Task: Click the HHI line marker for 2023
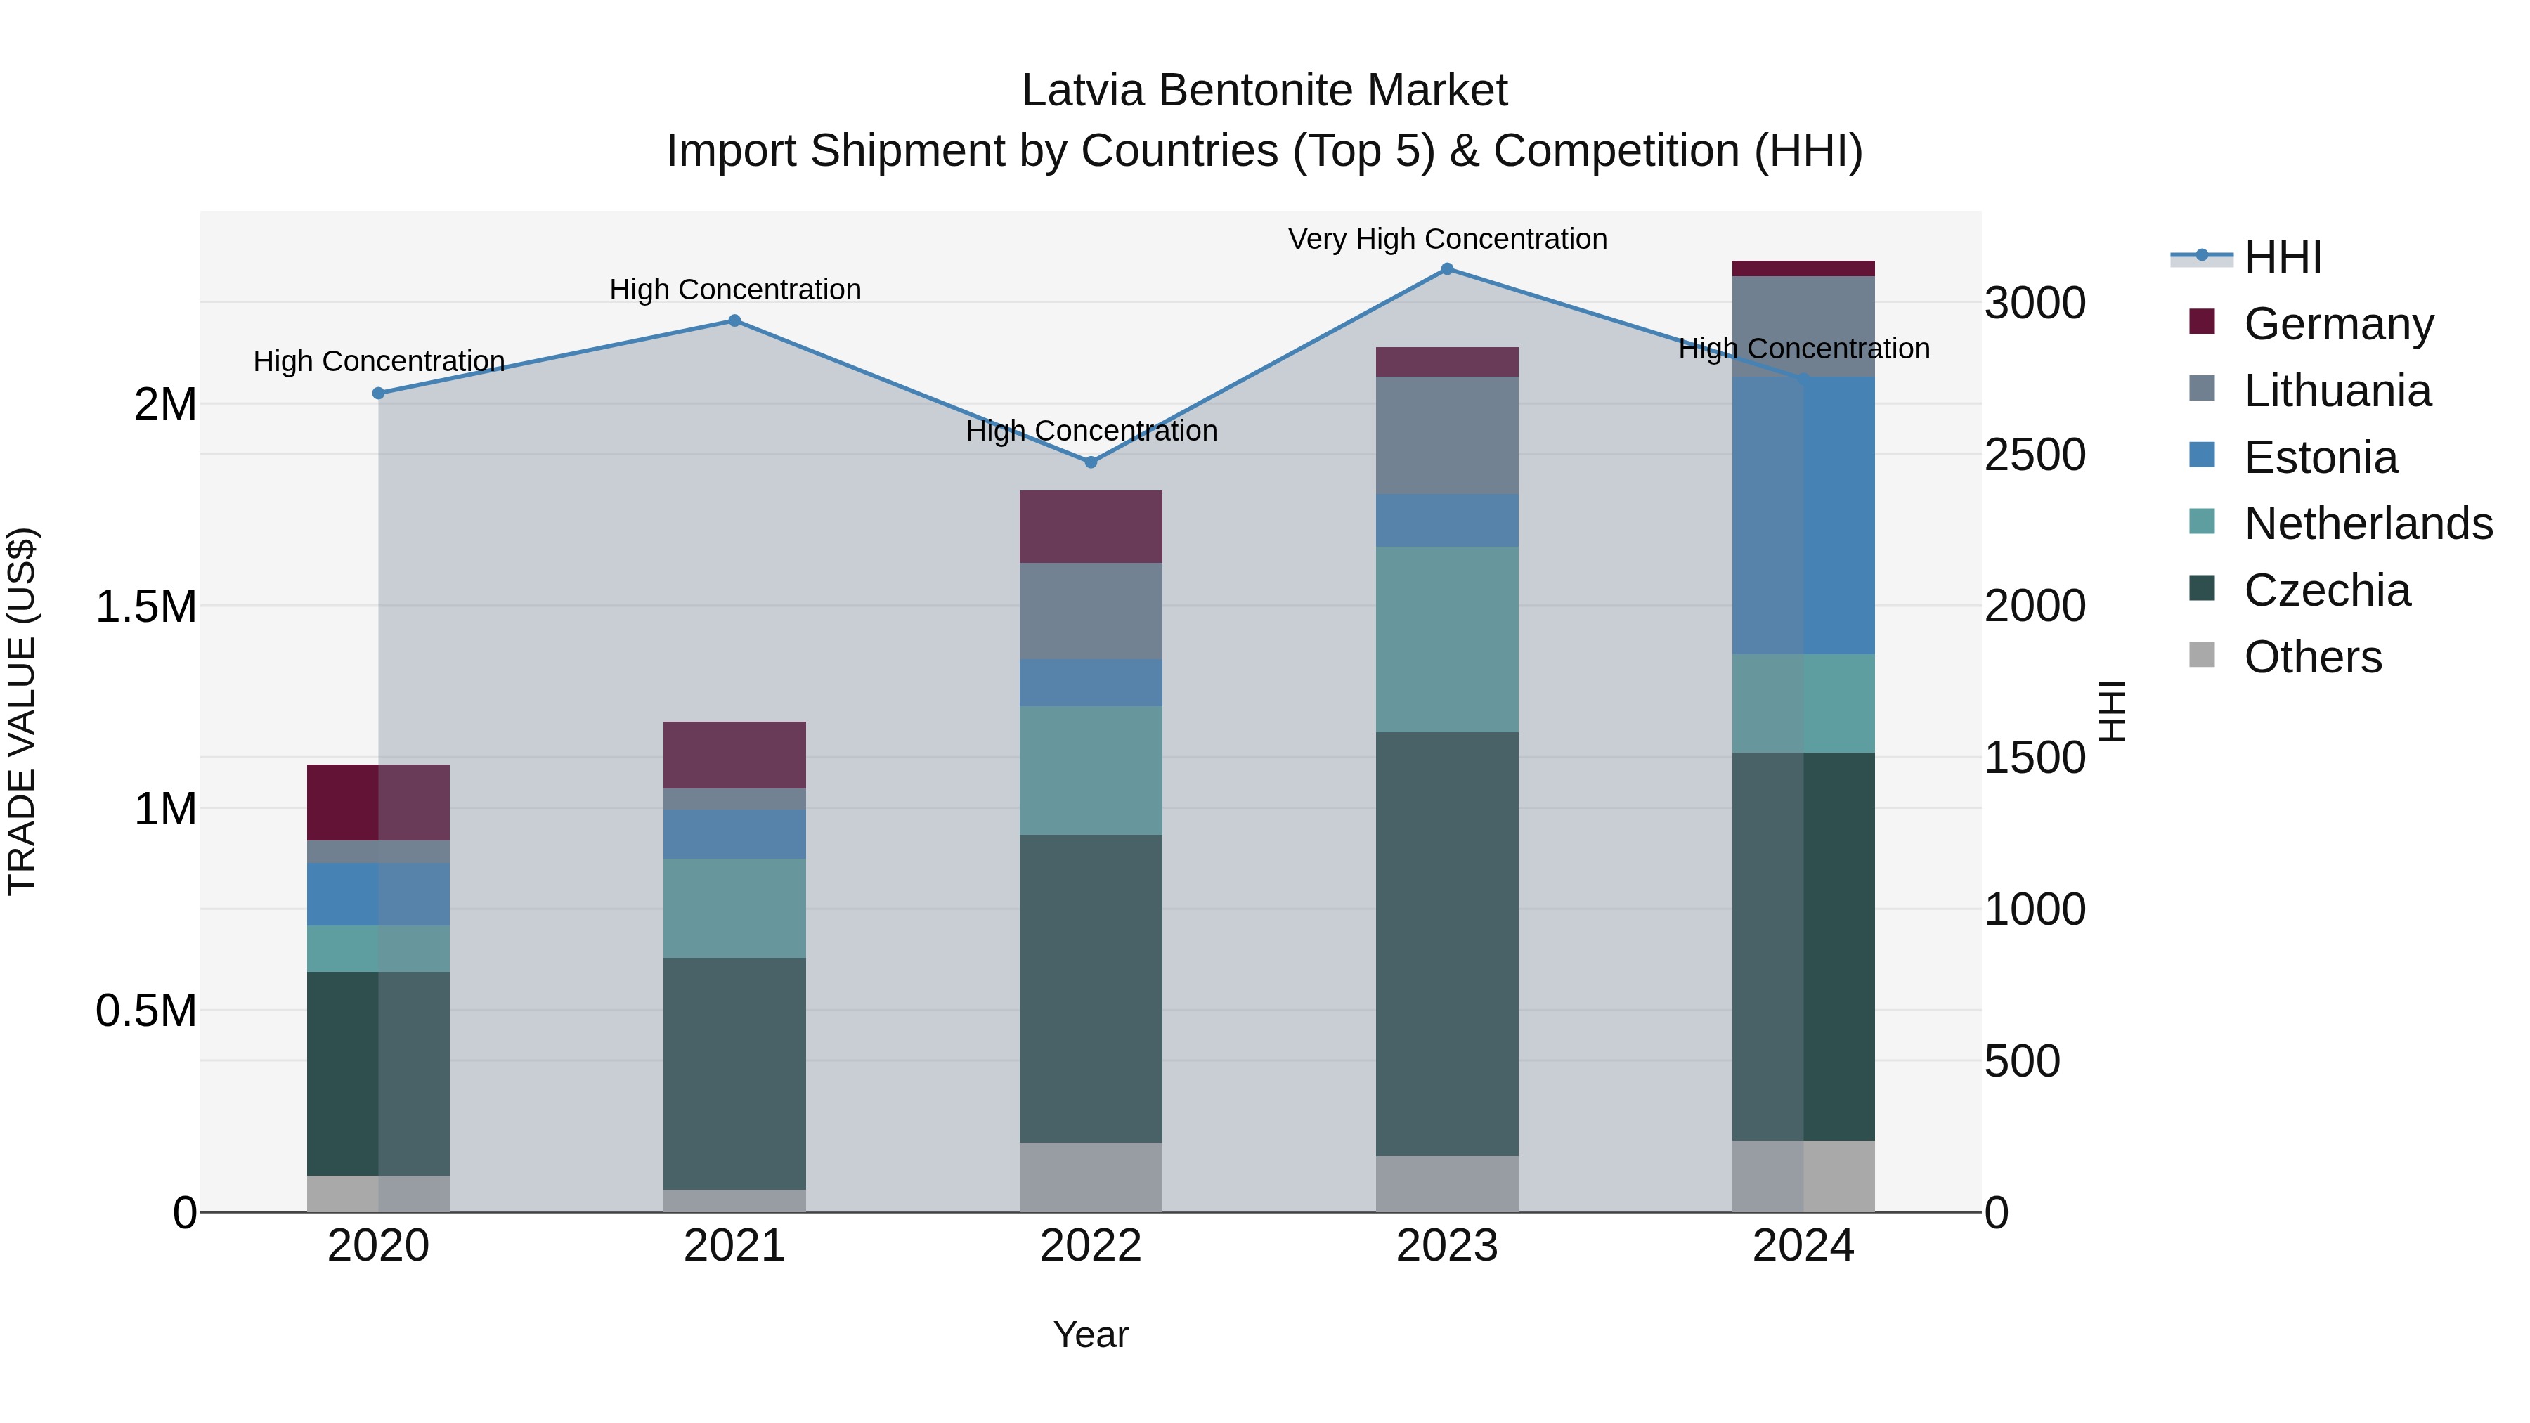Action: click(x=1447, y=269)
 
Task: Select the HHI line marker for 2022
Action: click(x=1090, y=462)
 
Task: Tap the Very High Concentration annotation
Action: click(x=1447, y=240)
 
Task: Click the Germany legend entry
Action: click(x=2337, y=324)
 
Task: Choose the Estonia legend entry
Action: click(x=2320, y=457)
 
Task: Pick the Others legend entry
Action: click(x=2312, y=657)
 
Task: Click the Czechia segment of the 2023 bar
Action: click(x=1447, y=943)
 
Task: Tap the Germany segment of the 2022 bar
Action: click(x=1090, y=526)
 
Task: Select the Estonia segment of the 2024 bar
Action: click(x=1803, y=516)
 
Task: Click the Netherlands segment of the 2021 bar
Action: click(x=734, y=909)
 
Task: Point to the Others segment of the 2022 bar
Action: click(x=1090, y=1176)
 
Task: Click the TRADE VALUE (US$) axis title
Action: click(x=22, y=711)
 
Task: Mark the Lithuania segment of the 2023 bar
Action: click(x=1447, y=435)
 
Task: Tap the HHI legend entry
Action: click(x=2283, y=257)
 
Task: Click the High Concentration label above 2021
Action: click(x=734, y=290)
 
